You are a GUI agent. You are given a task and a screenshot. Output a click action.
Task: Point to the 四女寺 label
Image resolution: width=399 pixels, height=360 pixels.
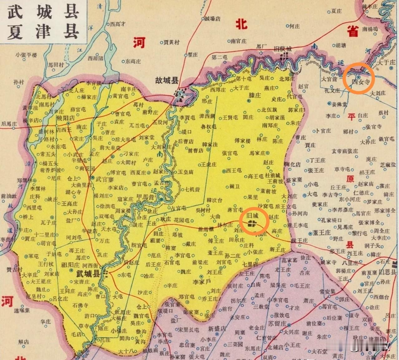point(358,82)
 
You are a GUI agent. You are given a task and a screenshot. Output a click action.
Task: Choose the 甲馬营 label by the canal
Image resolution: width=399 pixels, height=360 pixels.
point(146,197)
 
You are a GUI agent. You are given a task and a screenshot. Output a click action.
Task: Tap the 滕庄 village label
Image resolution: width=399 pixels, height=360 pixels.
point(254,95)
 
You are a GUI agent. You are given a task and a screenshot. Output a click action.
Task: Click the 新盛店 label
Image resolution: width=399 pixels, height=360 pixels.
point(217,329)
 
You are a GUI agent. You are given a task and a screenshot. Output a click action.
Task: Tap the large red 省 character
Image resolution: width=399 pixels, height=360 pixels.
point(353,31)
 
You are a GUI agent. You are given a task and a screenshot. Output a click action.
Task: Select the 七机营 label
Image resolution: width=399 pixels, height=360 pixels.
point(192,189)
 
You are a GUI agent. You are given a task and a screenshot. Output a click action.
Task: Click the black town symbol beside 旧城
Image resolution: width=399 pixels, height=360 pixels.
point(251,223)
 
